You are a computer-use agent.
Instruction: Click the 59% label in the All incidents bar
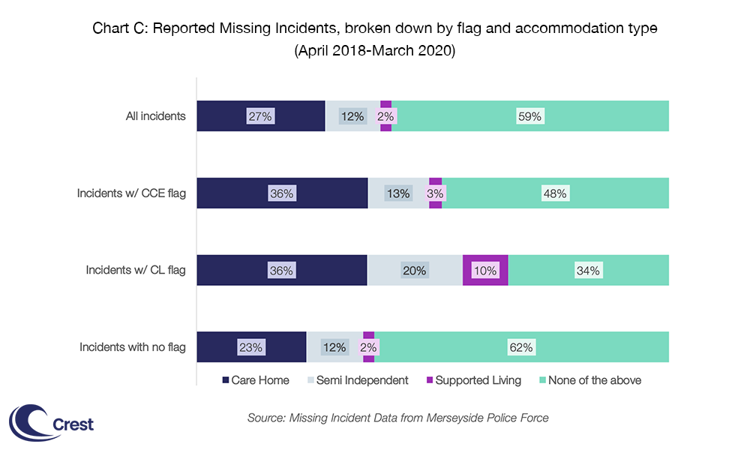point(529,116)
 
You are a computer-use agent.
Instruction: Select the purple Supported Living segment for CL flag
point(485,271)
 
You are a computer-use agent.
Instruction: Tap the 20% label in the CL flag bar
point(415,271)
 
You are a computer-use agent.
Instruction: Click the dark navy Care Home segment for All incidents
point(260,116)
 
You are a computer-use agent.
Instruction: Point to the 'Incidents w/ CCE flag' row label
point(131,193)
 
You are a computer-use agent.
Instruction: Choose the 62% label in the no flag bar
point(521,347)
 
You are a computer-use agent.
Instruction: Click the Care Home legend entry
point(256,380)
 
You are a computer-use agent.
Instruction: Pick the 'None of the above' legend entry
point(589,380)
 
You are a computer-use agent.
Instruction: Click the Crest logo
point(51,422)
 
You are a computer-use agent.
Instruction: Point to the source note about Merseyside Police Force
point(397,418)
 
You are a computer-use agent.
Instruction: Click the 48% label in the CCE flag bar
point(555,193)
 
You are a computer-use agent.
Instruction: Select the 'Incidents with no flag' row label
point(133,347)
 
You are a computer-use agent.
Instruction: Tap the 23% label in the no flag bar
point(251,347)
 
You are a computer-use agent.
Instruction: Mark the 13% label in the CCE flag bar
point(398,193)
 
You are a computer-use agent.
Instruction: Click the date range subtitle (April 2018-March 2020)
point(375,53)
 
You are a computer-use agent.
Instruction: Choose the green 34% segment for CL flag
point(588,271)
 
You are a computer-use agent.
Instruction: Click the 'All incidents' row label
point(155,116)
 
